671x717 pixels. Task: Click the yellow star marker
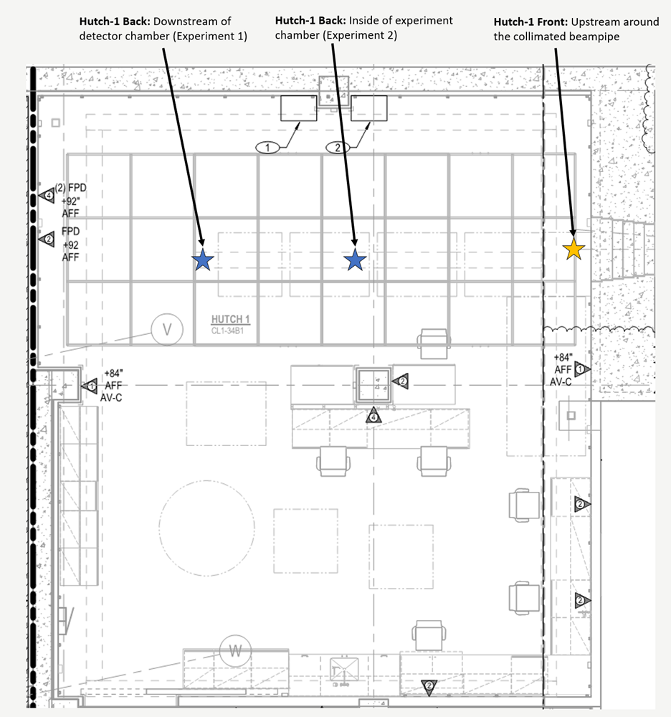pos(574,250)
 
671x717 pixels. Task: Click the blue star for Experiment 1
pos(203,260)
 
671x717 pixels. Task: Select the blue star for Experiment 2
pos(355,260)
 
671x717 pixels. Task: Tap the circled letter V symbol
pos(167,329)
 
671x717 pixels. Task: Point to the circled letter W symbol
pos(235,651)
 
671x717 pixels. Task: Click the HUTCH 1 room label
pos(230,319)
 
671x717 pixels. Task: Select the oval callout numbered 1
pos(267,147)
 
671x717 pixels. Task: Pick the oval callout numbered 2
pos(338,147)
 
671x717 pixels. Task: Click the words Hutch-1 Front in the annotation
pos(530,22)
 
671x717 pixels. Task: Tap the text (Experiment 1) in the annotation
pos(210,36)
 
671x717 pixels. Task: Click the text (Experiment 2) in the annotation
pos(360,35)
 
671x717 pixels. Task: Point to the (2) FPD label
pos(70,187)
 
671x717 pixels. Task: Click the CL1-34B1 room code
pos(227,331)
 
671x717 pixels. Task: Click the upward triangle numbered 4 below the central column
pos(373,416)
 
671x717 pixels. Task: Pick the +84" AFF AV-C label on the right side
pos(562,369)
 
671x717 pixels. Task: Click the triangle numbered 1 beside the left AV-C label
pos(90,386)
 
